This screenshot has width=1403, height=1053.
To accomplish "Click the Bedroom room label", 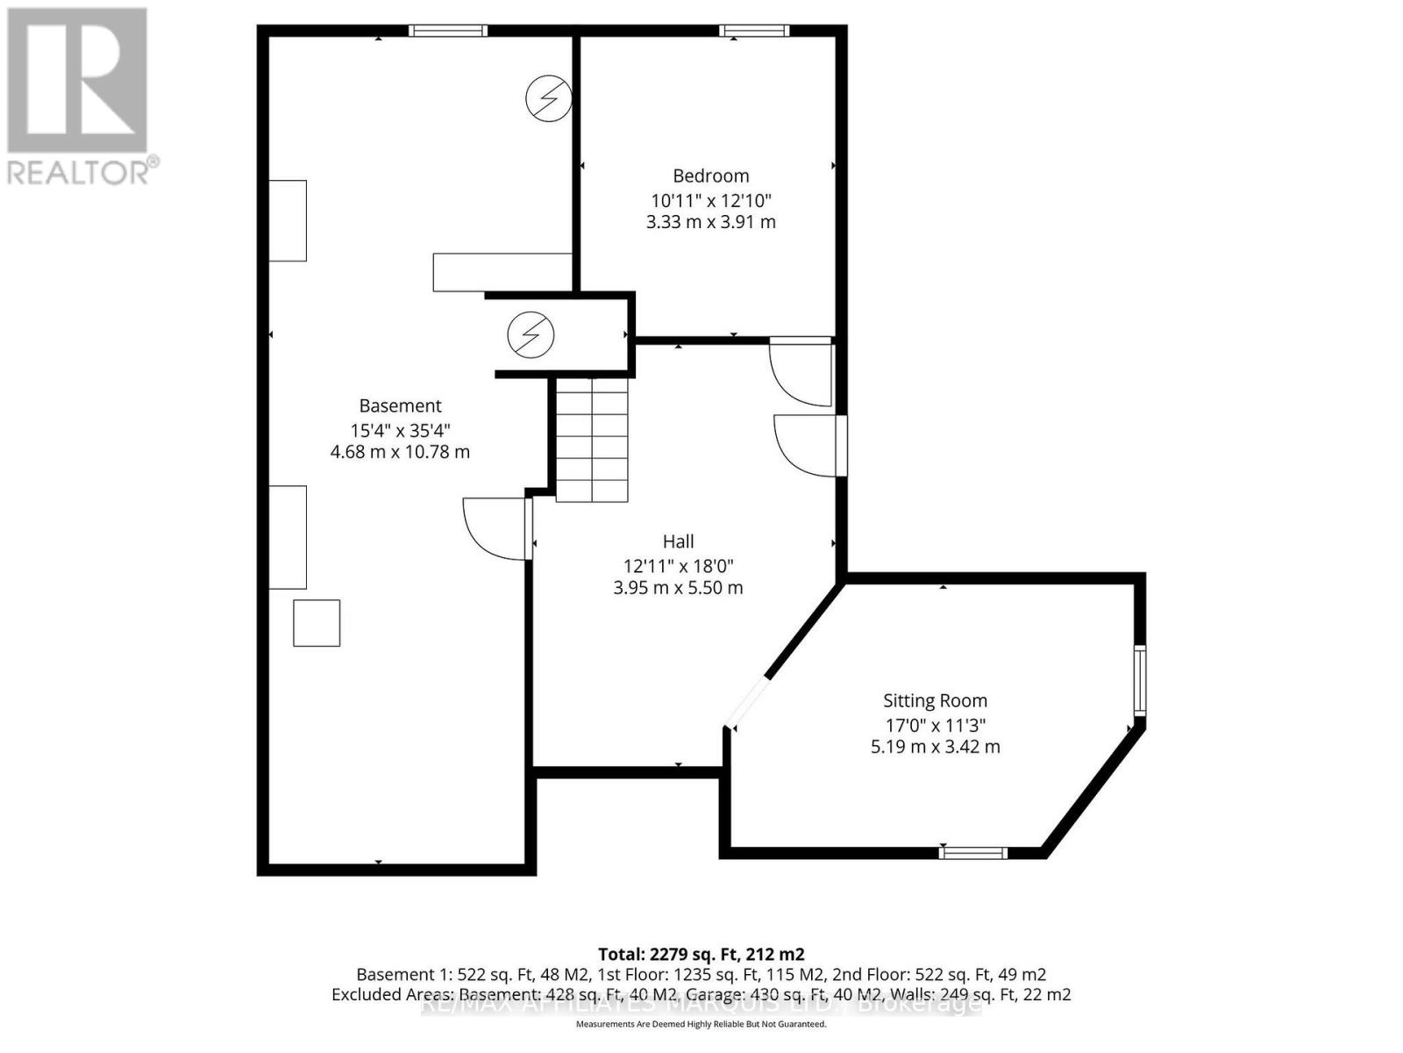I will click(710, 175).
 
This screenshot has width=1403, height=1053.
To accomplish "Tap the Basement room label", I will click(400, 405).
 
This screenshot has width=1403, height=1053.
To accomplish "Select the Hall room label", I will click(678, 541).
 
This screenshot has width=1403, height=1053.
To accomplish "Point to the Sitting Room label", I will click(935, 700).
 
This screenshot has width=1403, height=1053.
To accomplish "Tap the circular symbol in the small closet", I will click(531, 334).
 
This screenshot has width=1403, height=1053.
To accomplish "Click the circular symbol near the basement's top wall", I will click(549, 97).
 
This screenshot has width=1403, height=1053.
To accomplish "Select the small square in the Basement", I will click(316, 623).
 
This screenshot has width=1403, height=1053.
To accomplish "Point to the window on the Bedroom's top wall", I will click(753, 32).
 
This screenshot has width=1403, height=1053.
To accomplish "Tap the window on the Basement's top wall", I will click(447, 32).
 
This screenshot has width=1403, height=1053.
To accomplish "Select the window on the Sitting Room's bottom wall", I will click(972, 852).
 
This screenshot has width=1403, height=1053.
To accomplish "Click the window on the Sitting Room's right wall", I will click(1139, 681).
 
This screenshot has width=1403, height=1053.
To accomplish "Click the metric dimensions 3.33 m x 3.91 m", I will click(710, 222).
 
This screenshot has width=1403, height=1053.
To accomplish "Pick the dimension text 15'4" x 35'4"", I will click(400, 430).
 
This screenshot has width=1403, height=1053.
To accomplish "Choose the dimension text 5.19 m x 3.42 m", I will click(935, 747).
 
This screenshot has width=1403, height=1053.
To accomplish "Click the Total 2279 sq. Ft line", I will click(701, 954).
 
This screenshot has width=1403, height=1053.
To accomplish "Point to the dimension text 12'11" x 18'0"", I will click(678, 566).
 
